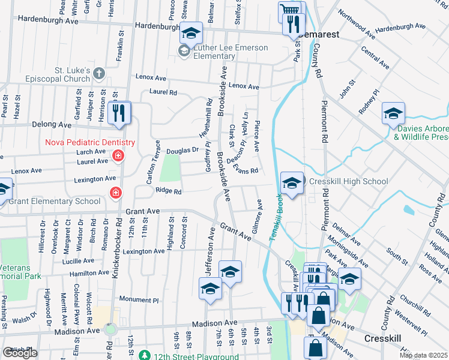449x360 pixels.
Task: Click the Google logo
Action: (x=20, y=353)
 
